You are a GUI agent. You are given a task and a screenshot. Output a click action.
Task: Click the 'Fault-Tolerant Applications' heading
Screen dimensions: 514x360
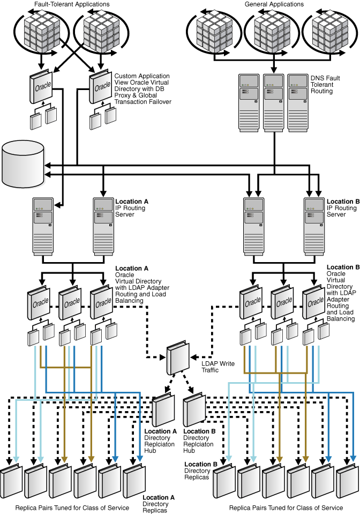point(72,4)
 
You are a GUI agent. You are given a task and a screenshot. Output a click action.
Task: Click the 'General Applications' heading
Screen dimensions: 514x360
point(273,4)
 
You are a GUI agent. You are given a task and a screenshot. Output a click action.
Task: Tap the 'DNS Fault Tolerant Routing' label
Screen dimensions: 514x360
point(326,85)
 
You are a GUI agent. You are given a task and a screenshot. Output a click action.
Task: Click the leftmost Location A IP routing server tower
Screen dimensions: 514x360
point(43,225)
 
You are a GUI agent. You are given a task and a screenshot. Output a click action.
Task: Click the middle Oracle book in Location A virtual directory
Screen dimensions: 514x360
point(71,303)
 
